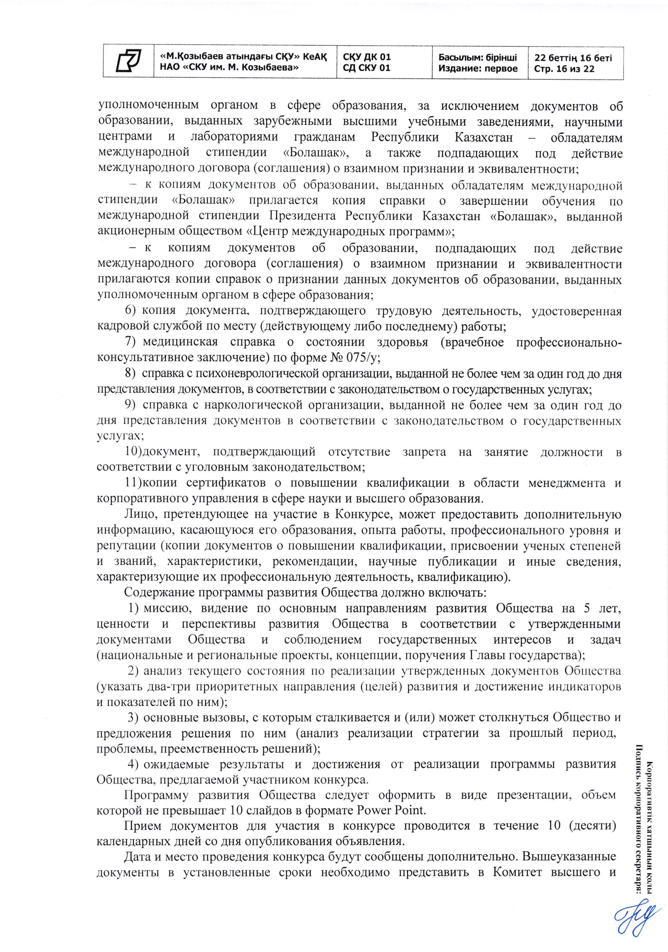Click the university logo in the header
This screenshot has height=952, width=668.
click(128, 61)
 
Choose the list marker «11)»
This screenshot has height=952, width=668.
click(134, 483)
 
